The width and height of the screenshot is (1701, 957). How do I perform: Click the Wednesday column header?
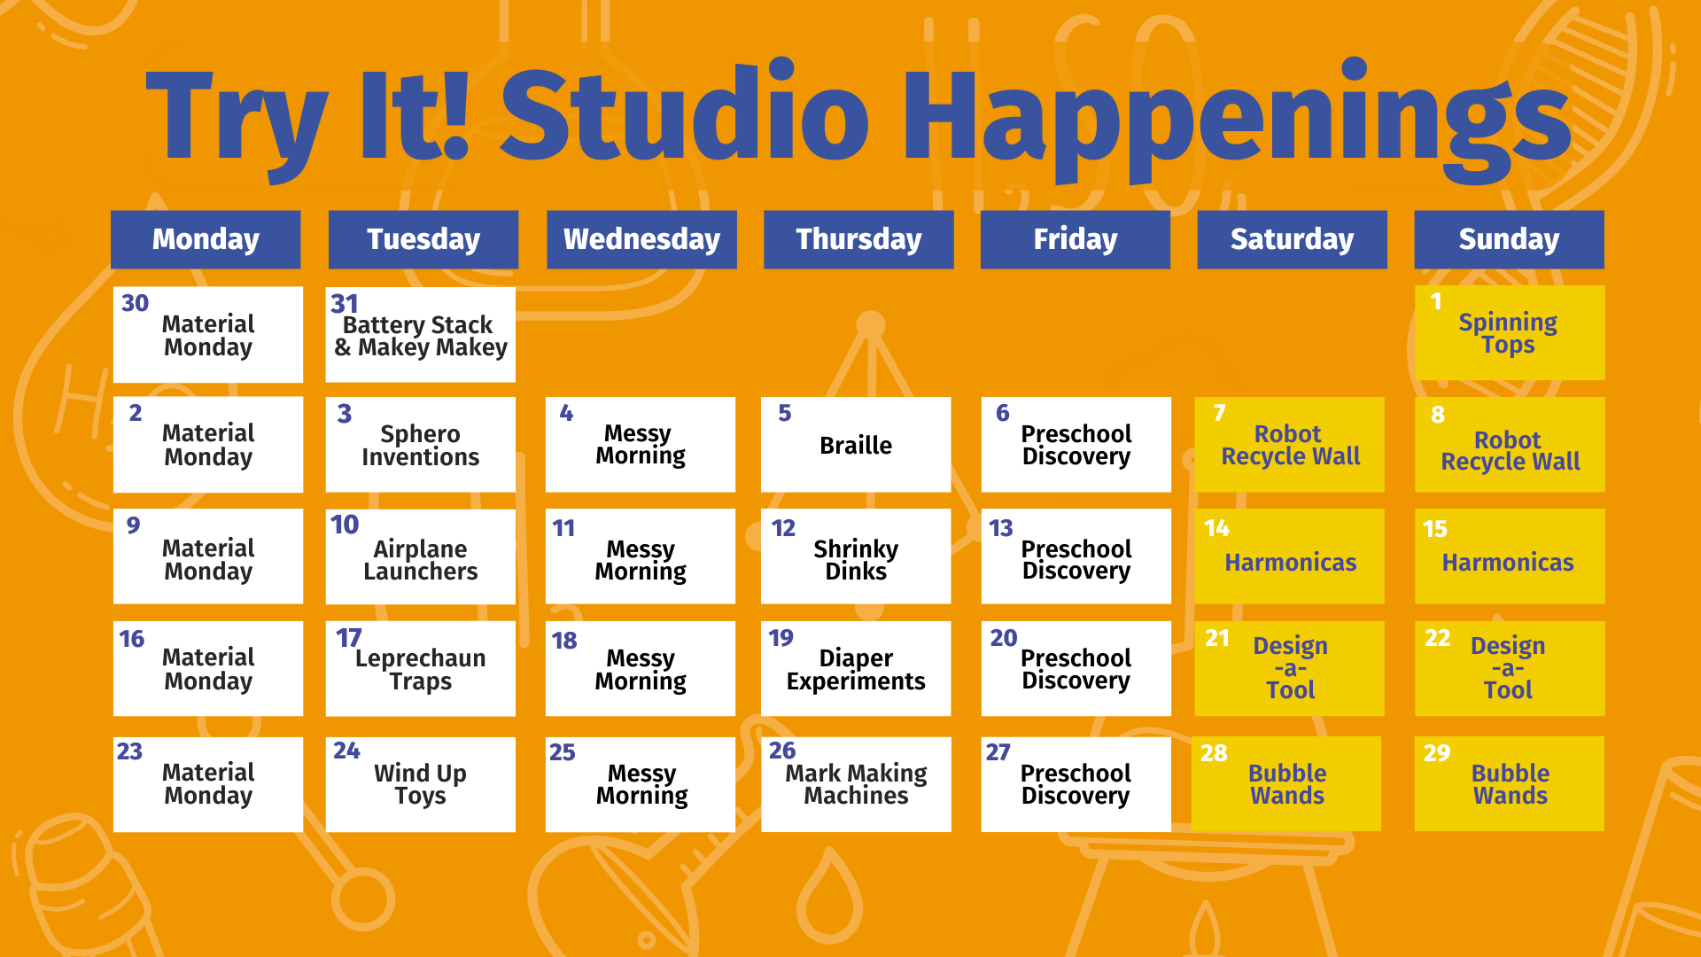(641, 239)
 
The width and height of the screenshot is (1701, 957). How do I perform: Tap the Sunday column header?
(1509, 239)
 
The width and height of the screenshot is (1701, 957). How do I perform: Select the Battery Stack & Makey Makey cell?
(421, 334)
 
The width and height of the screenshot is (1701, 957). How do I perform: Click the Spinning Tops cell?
(1510, 332)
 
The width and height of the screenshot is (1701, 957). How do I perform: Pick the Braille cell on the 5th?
(856, 444)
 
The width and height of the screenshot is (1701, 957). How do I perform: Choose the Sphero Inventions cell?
(421, 444)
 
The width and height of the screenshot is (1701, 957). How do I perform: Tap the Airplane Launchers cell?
(421, 556)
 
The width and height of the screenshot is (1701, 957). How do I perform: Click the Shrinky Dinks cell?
(856, 556)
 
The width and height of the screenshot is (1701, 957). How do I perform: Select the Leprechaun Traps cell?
(421, 668)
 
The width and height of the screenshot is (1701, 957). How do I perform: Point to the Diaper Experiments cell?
(856, 668)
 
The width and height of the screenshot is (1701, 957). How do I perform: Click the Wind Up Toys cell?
(421, 784)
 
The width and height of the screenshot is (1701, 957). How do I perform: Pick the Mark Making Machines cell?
(856, 784)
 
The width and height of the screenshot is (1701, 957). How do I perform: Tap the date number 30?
(135, 303)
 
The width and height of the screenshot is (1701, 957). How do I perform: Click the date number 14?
(1216, 528)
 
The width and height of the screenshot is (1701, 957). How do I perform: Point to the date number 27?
(998, 752)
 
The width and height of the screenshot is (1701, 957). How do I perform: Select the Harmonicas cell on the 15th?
(1510, 556)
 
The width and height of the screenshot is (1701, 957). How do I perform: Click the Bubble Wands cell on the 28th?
(1286, 783)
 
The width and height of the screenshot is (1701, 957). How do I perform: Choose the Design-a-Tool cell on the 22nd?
(1510, 668)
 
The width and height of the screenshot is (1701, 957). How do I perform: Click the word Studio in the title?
(686, 115)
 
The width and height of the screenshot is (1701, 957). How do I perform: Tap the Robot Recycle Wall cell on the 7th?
(1289, 444)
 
